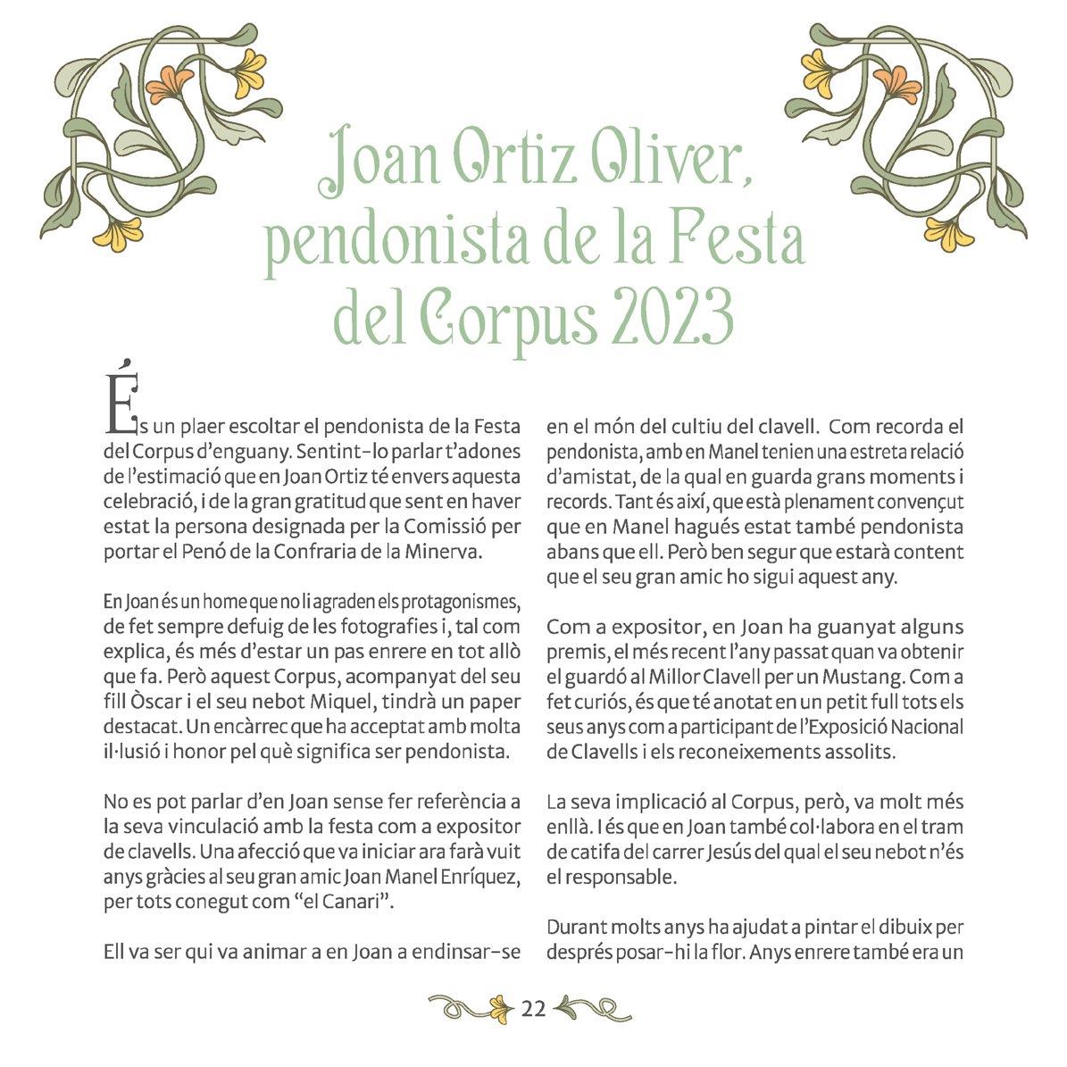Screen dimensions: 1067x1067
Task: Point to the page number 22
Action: (x=533, y=1009)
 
